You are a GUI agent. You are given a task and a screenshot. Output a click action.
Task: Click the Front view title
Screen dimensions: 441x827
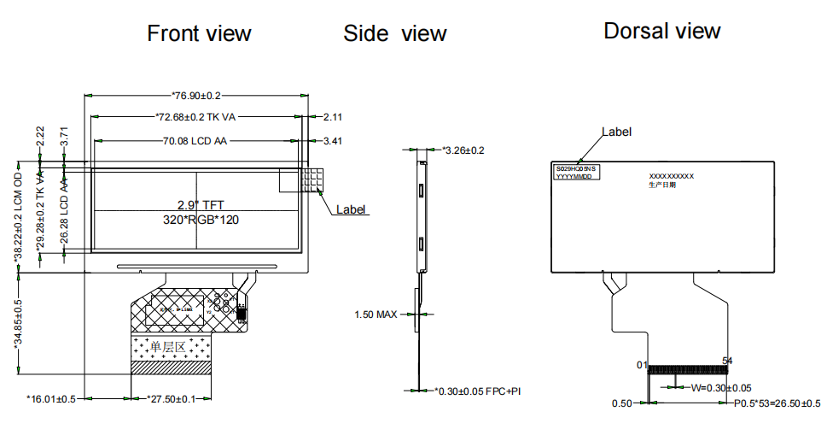pyautogui.click(x=199, y=33)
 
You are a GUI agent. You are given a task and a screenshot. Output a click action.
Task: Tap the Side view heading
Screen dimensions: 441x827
pyautogui.click(x=394, y=33)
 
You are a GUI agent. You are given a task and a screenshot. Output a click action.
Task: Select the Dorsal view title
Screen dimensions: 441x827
pyautogui.click(x=661, y=31)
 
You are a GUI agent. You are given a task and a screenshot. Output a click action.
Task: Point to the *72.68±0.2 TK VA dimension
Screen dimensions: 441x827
pyautogui.click(x=198, y=116)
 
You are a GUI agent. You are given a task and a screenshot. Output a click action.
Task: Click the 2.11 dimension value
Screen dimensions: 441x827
pyautogui.click(x=332, y=116)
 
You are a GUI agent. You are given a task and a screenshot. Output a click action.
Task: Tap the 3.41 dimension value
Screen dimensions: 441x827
pyautogui.click(x=332, y=141)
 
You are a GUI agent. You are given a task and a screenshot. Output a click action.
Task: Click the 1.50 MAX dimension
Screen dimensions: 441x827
pyautogui.click(x=376, y=315)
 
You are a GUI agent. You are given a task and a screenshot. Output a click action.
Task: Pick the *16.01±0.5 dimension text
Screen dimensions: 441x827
pyautogui.click(x=51, y=399)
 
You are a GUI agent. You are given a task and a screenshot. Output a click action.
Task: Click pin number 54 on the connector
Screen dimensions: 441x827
pyautogui.click(x=728, y=361)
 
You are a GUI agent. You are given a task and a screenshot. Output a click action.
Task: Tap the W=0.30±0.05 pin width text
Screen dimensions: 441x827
pyautogui.click(x=720, y=388)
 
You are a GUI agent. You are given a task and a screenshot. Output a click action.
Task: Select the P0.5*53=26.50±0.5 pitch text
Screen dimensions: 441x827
pyautogui.click(x=777, y=403)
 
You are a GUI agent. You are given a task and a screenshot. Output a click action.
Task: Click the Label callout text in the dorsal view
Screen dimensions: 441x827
pyautogui.click(x=616, y=132)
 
